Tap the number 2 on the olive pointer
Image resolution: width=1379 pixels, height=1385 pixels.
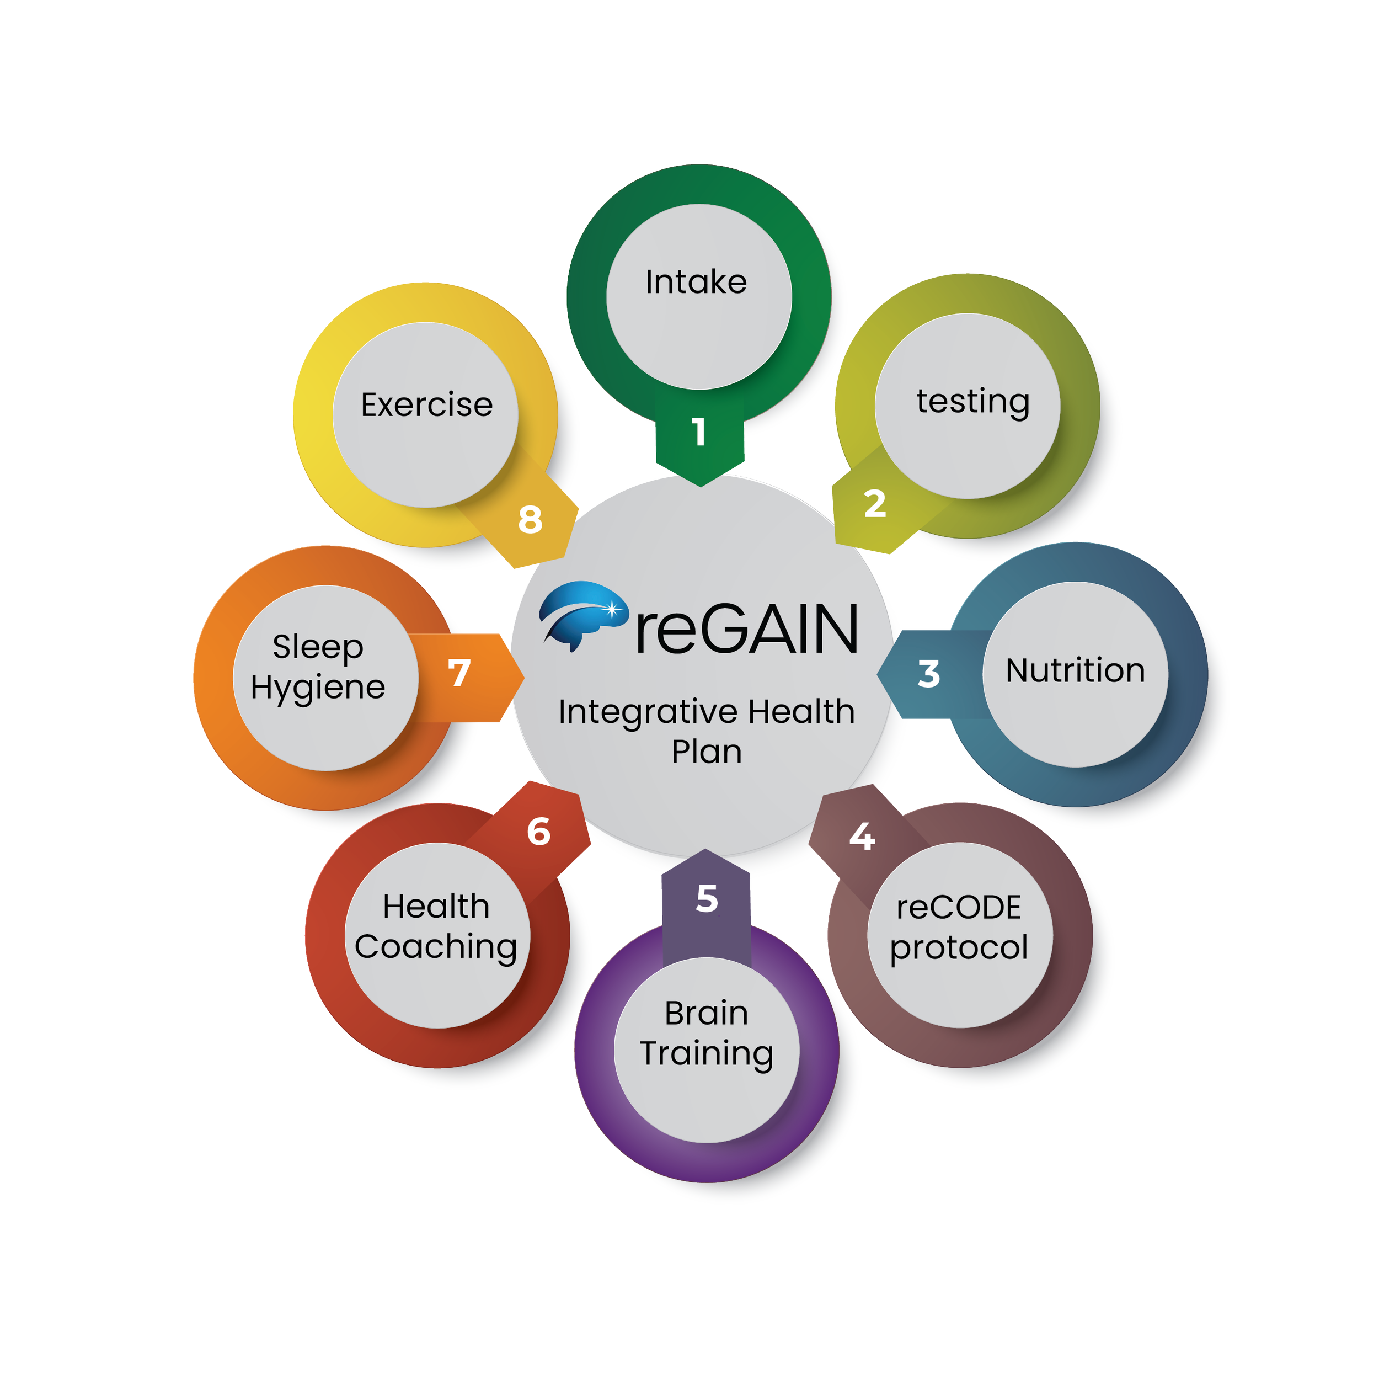click(874, 504)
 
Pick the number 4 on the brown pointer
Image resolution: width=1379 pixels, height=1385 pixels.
click(862, 837)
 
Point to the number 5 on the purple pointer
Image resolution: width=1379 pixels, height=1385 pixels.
click(707, 898)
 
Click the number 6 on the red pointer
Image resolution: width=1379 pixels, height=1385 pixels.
click(538, 832)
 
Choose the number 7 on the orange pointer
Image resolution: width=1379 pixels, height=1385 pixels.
click(459, 673)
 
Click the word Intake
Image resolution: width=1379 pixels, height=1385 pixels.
click(696, 283)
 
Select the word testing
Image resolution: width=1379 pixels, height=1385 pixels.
click(972, 402)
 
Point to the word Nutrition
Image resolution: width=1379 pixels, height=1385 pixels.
click(1075, 671)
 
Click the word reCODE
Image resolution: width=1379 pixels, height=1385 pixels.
click(959, 908)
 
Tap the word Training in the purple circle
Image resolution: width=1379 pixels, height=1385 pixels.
click(707, 1054)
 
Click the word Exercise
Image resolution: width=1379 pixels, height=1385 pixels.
click(426, 405)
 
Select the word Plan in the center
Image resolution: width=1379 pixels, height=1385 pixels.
click(707, 752)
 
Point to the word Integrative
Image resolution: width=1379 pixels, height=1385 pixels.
click(648, 712)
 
